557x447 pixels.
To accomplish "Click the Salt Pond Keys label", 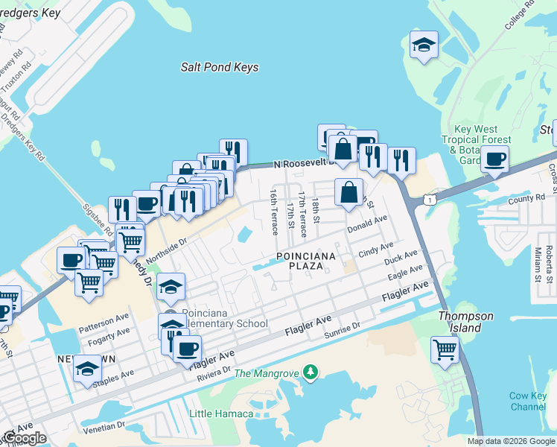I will [x=220, y=67].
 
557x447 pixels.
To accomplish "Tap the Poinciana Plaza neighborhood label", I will [x=306, y=261].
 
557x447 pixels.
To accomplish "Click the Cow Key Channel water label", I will [x=528, y=401].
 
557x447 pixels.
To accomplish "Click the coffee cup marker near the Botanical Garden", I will [x=494, y=158].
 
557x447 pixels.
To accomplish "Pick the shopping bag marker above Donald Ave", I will [x=348, y=193].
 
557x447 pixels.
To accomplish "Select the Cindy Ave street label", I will [x=375, y=249].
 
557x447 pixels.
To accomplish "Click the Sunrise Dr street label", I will [x=342, y=330].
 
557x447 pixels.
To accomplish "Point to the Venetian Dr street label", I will [x=100, y=427].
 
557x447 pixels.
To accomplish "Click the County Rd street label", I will [x=527, y=198].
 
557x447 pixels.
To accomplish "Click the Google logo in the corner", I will [x=25, y=438].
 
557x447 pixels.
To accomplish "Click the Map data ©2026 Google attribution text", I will [x=511, y=441].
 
